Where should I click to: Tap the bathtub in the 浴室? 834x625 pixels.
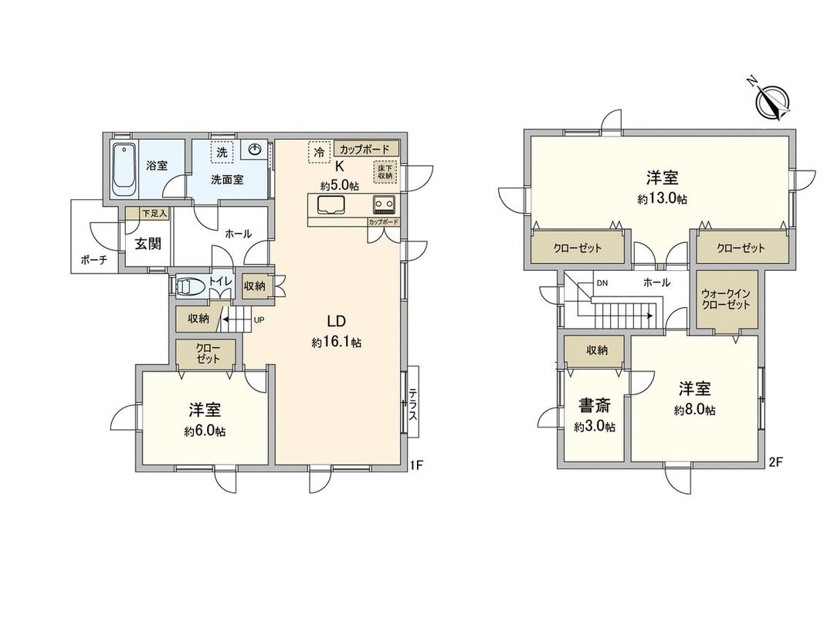pyautogui.click(x=124, y=169)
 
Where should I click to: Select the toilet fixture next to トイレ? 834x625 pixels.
pyautogui.click(x=190, y=287)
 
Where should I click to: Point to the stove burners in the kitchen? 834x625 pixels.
pyautogui.click(x=384, y=204)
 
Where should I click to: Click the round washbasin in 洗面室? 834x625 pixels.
pyautogui.click(x=256, y=150)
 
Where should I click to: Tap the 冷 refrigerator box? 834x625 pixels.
pyautogui.click(x=317, y=152)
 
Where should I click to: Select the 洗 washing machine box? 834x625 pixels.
pyautogui.click(x=222, y=153)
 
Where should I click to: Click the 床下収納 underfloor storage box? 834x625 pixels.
pyautogui.click(x=385, y=171)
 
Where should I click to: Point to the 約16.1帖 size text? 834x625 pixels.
pyautogui.click(x=337, y=343)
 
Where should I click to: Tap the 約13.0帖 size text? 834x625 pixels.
pyautogui.click(x=663, y=198)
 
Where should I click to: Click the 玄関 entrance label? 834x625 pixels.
pyautogui.click(x=147, y=245)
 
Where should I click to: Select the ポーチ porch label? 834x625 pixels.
pyautogui.click(x=94, y=261)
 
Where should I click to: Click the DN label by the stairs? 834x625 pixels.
pyautogui.click(x=602, y=283)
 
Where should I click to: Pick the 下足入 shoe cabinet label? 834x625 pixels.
pyautogui.click(x=153, y=213)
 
